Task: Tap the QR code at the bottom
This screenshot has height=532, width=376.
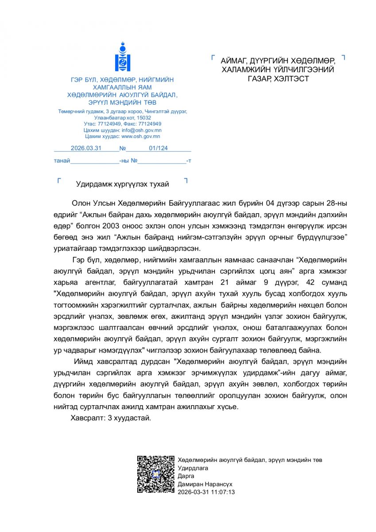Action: pos(155,474)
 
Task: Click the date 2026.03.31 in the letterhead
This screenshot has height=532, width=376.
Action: pos(86,149)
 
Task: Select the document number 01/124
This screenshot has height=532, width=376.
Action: pos(158,149)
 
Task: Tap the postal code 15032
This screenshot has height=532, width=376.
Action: pos(143,118)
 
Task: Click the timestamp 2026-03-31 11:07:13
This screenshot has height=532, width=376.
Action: pos(206,492)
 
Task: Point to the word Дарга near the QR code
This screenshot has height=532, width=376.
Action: pos(186,476)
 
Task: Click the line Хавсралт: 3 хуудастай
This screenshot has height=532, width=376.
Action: pos(111,418)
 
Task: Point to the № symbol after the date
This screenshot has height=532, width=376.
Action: pos(123,149)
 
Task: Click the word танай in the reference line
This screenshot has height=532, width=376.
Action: pos(62,160)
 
